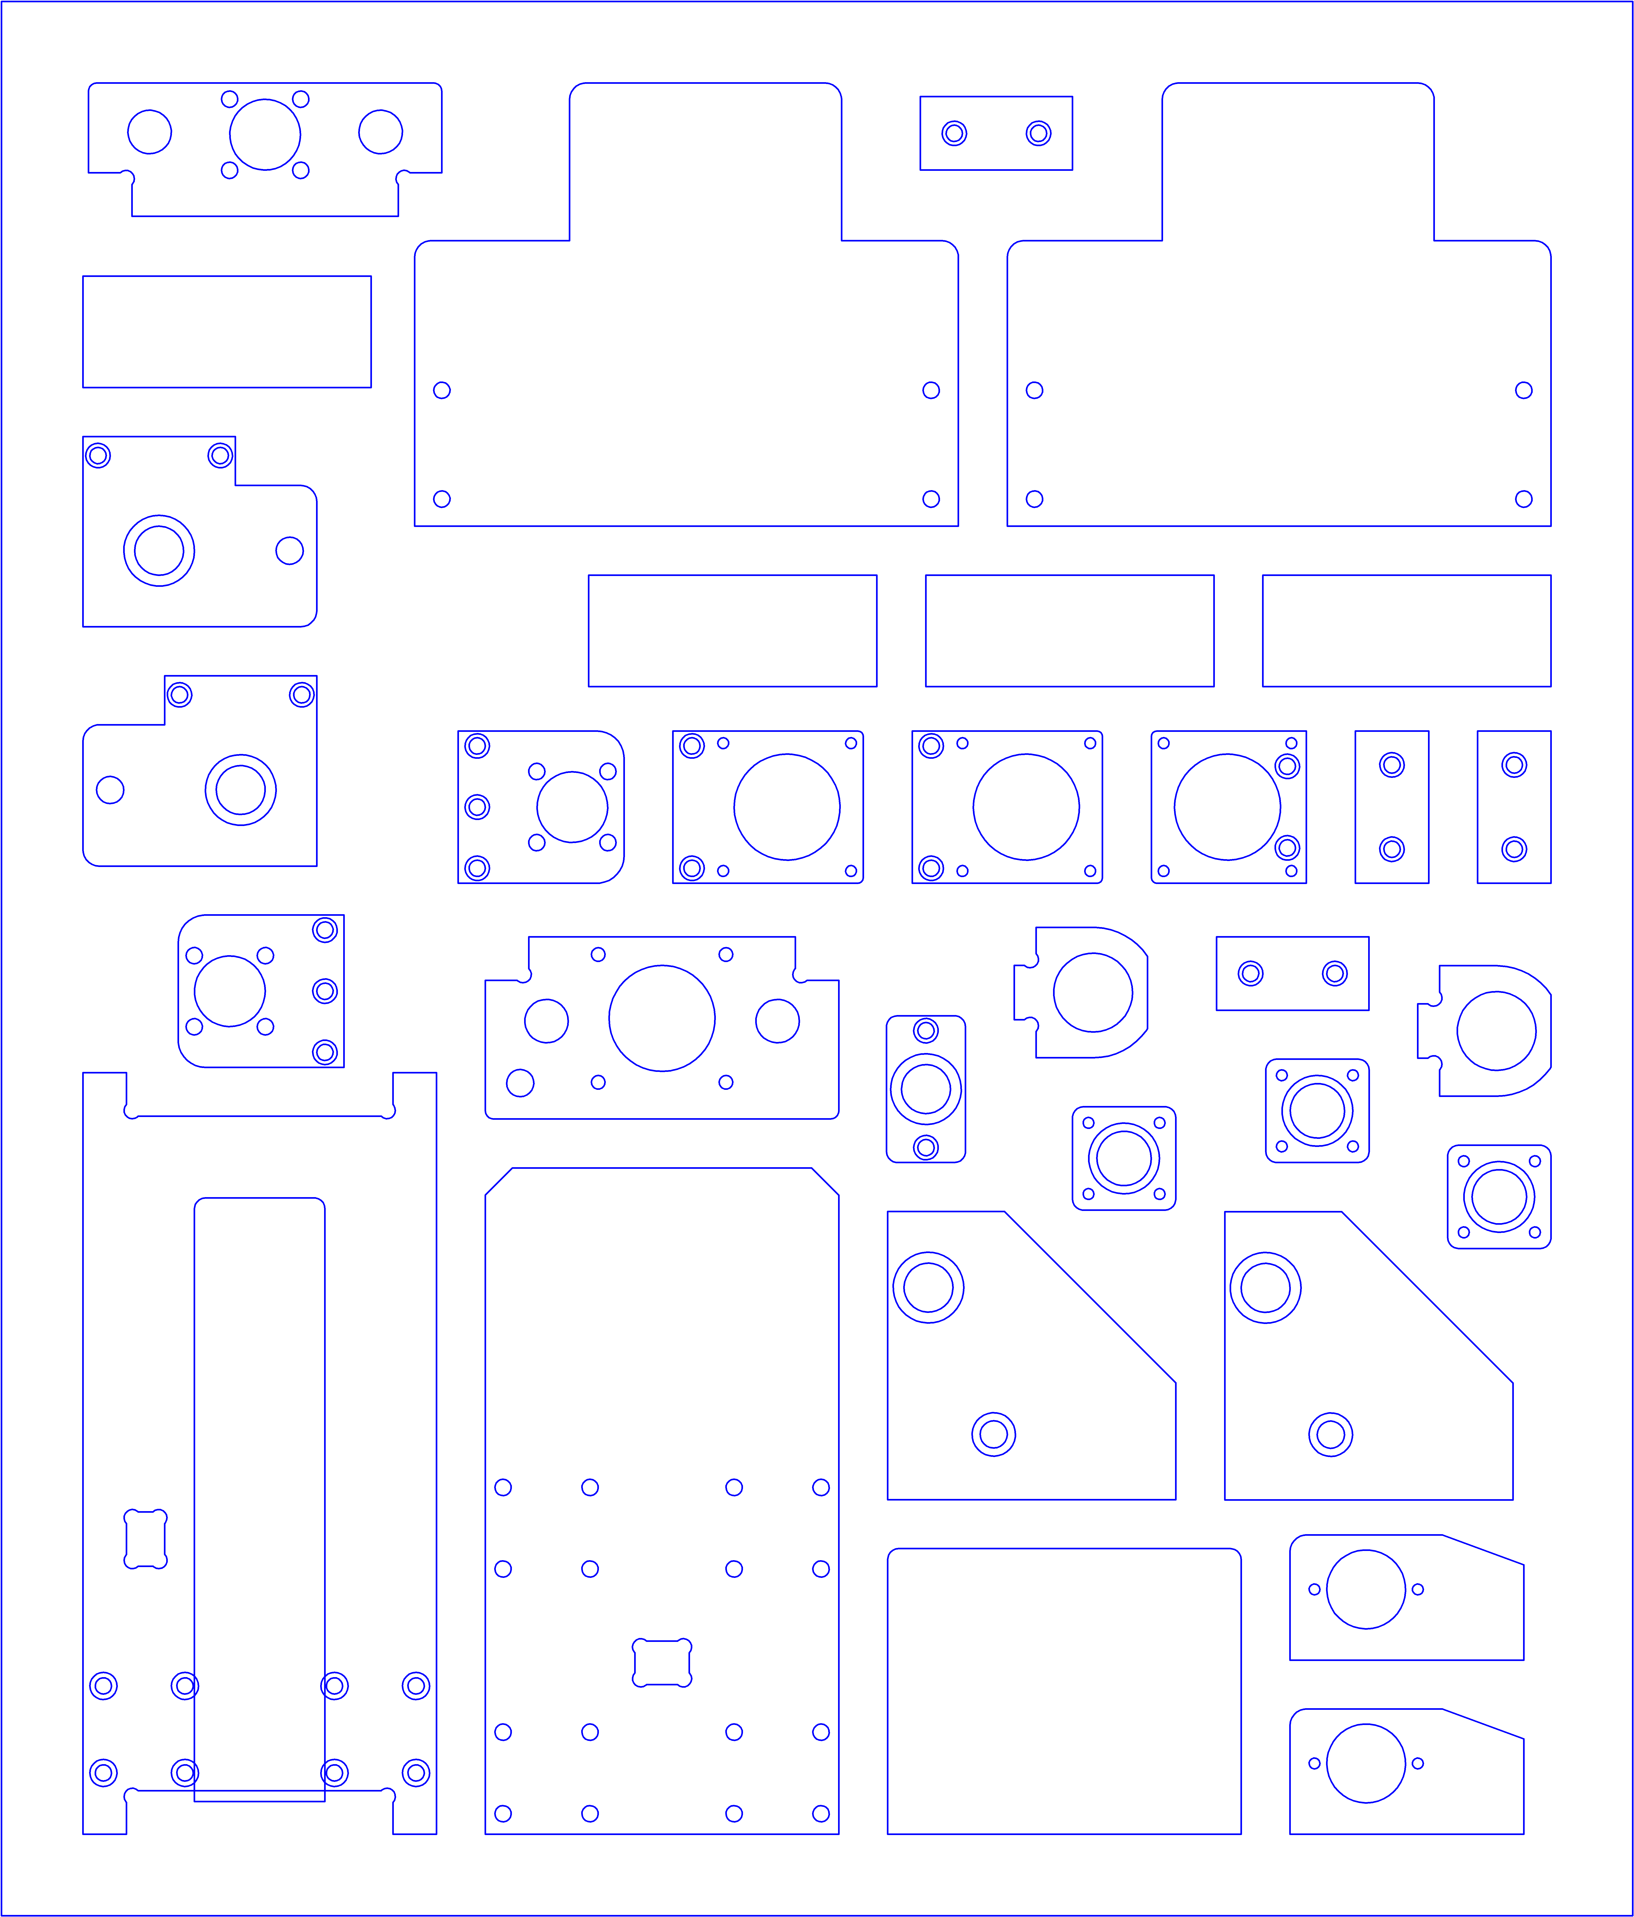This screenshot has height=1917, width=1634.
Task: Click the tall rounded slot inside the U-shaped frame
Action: coord(259,1499)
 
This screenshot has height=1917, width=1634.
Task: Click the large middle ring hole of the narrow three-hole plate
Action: coord(925,1089)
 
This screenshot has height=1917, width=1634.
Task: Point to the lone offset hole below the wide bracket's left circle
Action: coord(520,1082)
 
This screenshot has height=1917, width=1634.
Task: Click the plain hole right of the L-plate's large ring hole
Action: coord(290,550)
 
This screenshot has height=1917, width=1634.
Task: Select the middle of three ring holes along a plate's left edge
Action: coord(477,807)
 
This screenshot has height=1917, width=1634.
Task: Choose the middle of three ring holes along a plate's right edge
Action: coord(325,991)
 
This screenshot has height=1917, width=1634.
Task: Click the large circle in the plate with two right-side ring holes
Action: coord(1227,807)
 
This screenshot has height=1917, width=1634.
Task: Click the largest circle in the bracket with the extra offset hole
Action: coord(662,1018)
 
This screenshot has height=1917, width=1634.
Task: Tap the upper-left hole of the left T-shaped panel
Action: coord(442,390)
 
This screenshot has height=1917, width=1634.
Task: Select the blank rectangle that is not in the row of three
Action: coord(227,331)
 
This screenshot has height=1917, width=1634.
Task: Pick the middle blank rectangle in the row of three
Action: coord(1070,631)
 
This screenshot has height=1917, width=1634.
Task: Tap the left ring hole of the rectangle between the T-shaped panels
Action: coord(954,133)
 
